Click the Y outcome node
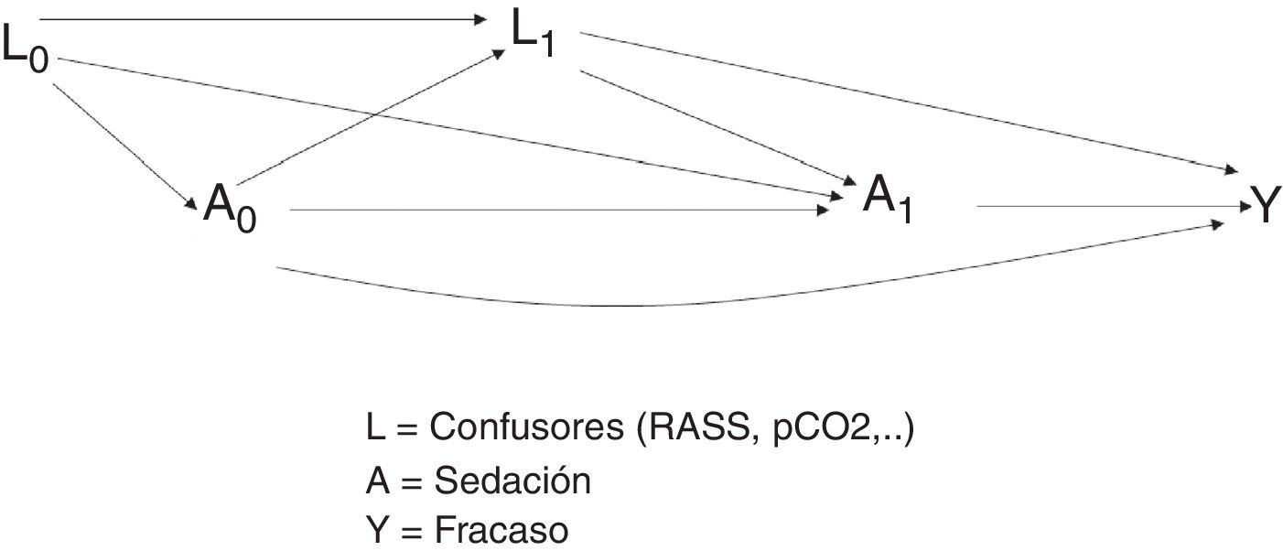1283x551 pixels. point(1261,208)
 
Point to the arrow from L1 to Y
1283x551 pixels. point(906,102)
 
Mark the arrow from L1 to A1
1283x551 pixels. point(714,124)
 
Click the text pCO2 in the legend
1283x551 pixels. point(822,427)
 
